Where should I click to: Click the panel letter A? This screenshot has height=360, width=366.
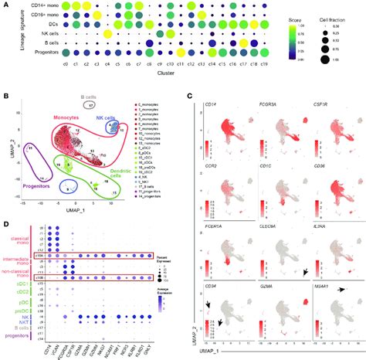pyautogui.click(x=5, y=5)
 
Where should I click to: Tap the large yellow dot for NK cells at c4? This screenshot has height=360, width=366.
pyautogui.click(x=107, y=35)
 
